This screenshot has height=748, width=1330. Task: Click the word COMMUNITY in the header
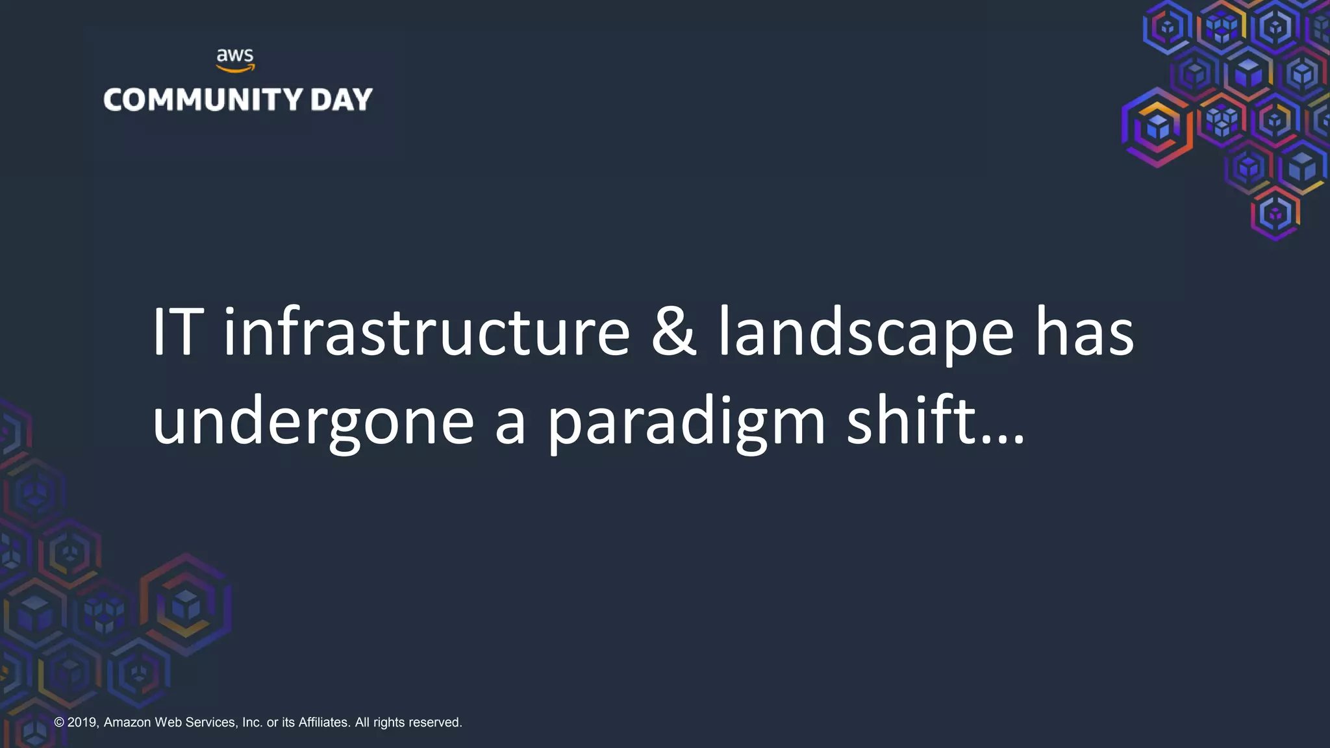pos(203,100)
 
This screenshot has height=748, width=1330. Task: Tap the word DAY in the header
pos(341,100)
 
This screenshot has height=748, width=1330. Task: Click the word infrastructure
pos(427,332)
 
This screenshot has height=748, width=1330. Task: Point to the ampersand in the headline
pos(673,332)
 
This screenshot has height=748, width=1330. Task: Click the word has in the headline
pos(1084,332)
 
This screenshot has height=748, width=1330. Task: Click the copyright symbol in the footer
pos(59,723)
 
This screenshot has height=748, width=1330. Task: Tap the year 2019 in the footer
pos(82,723)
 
